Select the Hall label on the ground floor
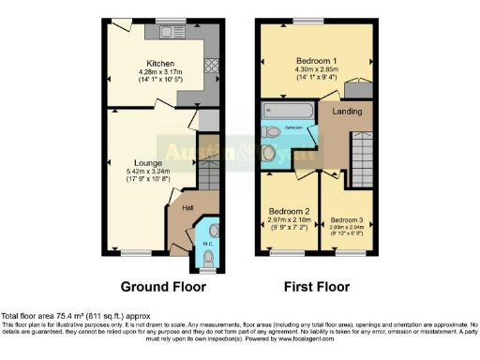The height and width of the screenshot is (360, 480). pos(174,208)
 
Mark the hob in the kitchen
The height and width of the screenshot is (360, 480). pos(211,67)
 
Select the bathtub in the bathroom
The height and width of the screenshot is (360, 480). pos(286,110)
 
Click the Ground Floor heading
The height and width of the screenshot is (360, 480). pos(157,287)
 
